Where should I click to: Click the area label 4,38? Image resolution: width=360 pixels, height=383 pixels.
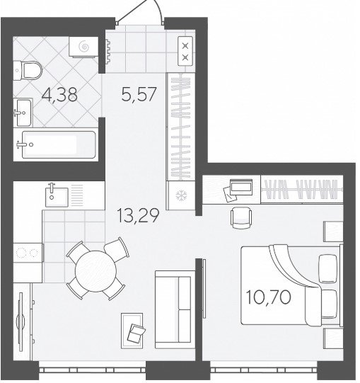pyautogui.click(x=59, y=95)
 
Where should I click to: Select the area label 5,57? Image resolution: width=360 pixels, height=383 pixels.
pyautogui.click(x=139, y=94)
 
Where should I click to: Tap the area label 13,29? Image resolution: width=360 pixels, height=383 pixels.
pyautogui.click(x=138, y=215)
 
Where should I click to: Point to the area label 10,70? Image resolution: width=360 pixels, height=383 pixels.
pyautogui.click(x=269, y=297)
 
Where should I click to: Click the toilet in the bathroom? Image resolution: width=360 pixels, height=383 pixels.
pyautogui.click(x=28, y=71)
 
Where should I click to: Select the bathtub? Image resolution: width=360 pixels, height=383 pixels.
pyautogui.click(x=59, y=144)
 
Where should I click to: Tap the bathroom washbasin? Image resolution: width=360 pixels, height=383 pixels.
pyautogui.click(x=23, y=113)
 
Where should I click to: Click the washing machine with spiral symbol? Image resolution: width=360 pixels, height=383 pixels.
pyautogui.click(x=83, y=47)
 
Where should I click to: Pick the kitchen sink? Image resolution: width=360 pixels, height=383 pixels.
pyautogui.click(x=57, y=197)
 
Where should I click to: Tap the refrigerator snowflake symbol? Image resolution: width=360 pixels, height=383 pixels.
pyautogui.click(x=181, y=195)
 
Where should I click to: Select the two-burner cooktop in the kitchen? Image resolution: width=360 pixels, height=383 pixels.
pyautogui.click(x=28, y=253)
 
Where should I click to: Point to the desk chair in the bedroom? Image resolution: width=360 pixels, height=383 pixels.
pyautogui.click(x=241, y=217)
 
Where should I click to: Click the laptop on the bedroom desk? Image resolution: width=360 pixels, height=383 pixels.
pyautogui.click(x=241, y=186)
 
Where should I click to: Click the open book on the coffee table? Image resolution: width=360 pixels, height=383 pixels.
pyautogui.click(x=136, y=333)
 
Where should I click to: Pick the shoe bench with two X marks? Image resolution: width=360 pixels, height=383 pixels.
pyautogui.click(x=185, y=51)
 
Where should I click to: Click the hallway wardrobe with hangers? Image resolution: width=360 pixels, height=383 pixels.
pyautogui.click(x=181, y=127)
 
